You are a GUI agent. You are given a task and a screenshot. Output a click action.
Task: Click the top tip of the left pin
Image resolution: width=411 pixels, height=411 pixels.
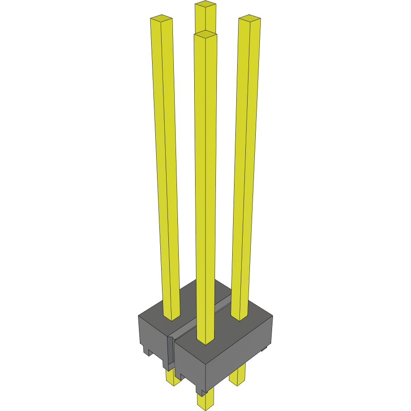point(161,19)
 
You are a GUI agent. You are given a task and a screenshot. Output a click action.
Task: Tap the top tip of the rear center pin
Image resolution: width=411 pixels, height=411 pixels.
point(205,5)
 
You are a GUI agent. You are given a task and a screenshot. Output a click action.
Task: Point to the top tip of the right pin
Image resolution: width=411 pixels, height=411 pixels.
point(249,19)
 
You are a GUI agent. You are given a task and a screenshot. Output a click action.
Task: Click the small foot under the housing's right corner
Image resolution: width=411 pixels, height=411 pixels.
point(264,349)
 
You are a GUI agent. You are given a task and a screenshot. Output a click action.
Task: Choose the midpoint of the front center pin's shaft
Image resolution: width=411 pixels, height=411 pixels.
point(205,186)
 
